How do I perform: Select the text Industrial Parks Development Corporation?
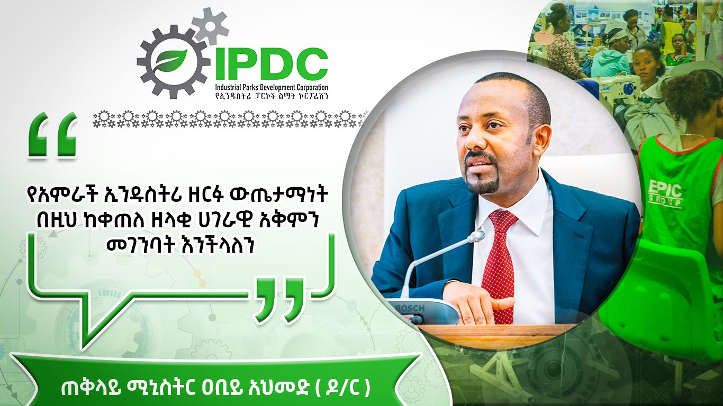(x=271, y=87)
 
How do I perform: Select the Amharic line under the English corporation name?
(x=271, y=96)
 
